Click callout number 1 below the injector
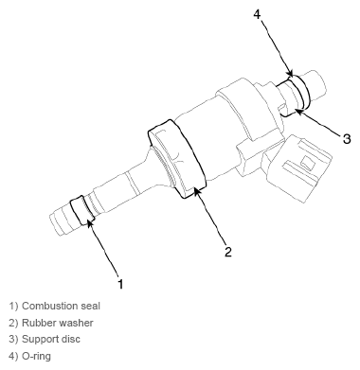(119, 281)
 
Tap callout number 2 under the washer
(227, 251)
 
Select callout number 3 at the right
(346, 138)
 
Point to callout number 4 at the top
(258, 13)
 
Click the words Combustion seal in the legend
(61, 306)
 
